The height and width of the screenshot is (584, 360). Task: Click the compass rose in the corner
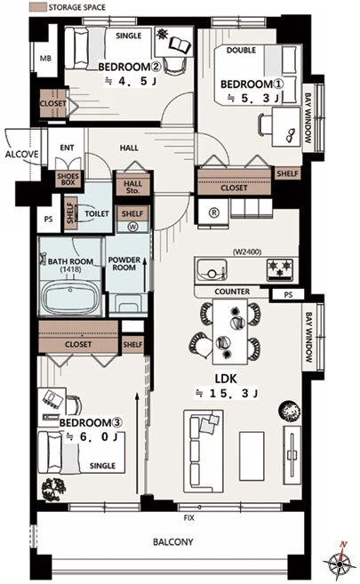tap(338, 561)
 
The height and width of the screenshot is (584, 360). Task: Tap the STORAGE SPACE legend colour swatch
tap(37, 7)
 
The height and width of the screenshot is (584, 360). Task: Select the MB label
tap(45, 59)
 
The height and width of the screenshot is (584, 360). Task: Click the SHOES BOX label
tap(68, 180)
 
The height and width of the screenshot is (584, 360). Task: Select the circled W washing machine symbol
tap(132, 227)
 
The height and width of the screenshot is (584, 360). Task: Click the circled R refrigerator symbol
tap(213, 212)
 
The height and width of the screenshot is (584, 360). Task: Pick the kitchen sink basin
tap(211, 269)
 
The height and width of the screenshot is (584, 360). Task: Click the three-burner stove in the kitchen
tap(280, 269)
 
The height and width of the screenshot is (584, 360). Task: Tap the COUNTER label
tap(232, 292)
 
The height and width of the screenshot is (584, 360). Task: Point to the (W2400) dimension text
tap(247, 252)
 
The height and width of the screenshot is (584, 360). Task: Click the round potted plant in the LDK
tap(289, 412)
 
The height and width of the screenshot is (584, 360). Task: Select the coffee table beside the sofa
tap(252, 456)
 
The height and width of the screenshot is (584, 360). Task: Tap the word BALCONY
tap(173, 542)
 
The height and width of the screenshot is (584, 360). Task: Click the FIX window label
tap(188, 517)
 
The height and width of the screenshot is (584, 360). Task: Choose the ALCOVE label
tap(21, 154)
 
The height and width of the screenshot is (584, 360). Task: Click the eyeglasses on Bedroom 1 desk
tap(291, 135)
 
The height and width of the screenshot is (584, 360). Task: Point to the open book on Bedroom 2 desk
tap(180, 44)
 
